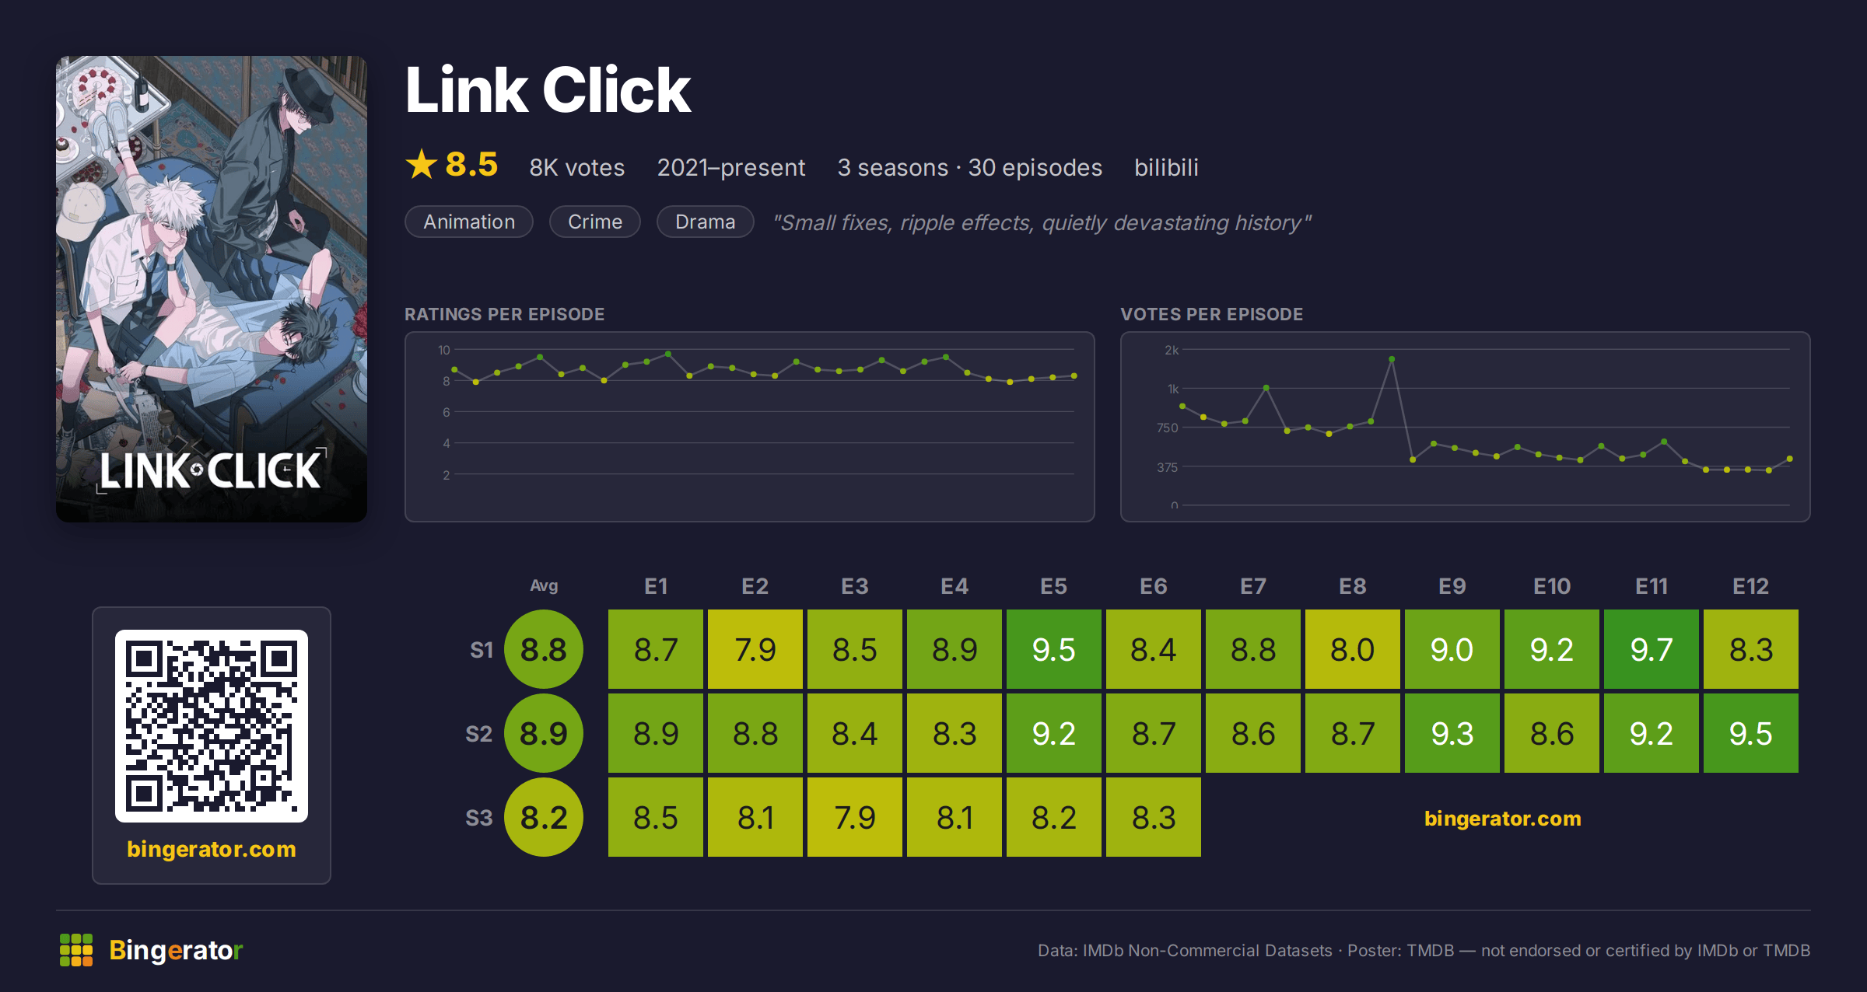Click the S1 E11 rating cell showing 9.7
click(1651, 649)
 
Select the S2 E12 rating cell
click(1750, 733)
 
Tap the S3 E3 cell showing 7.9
click(854, 817)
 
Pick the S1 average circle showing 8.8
click(544, 649)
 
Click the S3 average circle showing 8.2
click(544, 817)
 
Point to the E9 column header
click(1452, 586)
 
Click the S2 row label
click(478, 734)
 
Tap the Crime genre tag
click(595, 222)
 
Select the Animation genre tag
click(469, 222)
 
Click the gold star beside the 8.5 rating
click(422, 164)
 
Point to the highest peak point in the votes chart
click(1392, 359)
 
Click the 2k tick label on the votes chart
click(1172, 350)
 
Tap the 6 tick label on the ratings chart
click(447, 412)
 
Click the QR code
click(212, 726)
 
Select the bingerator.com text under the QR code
click(212, 849)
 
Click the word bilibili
click(1166, 167)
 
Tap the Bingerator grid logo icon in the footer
click(76, 950)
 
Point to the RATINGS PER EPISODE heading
click(504, 314)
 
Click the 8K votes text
click(577, 167)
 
